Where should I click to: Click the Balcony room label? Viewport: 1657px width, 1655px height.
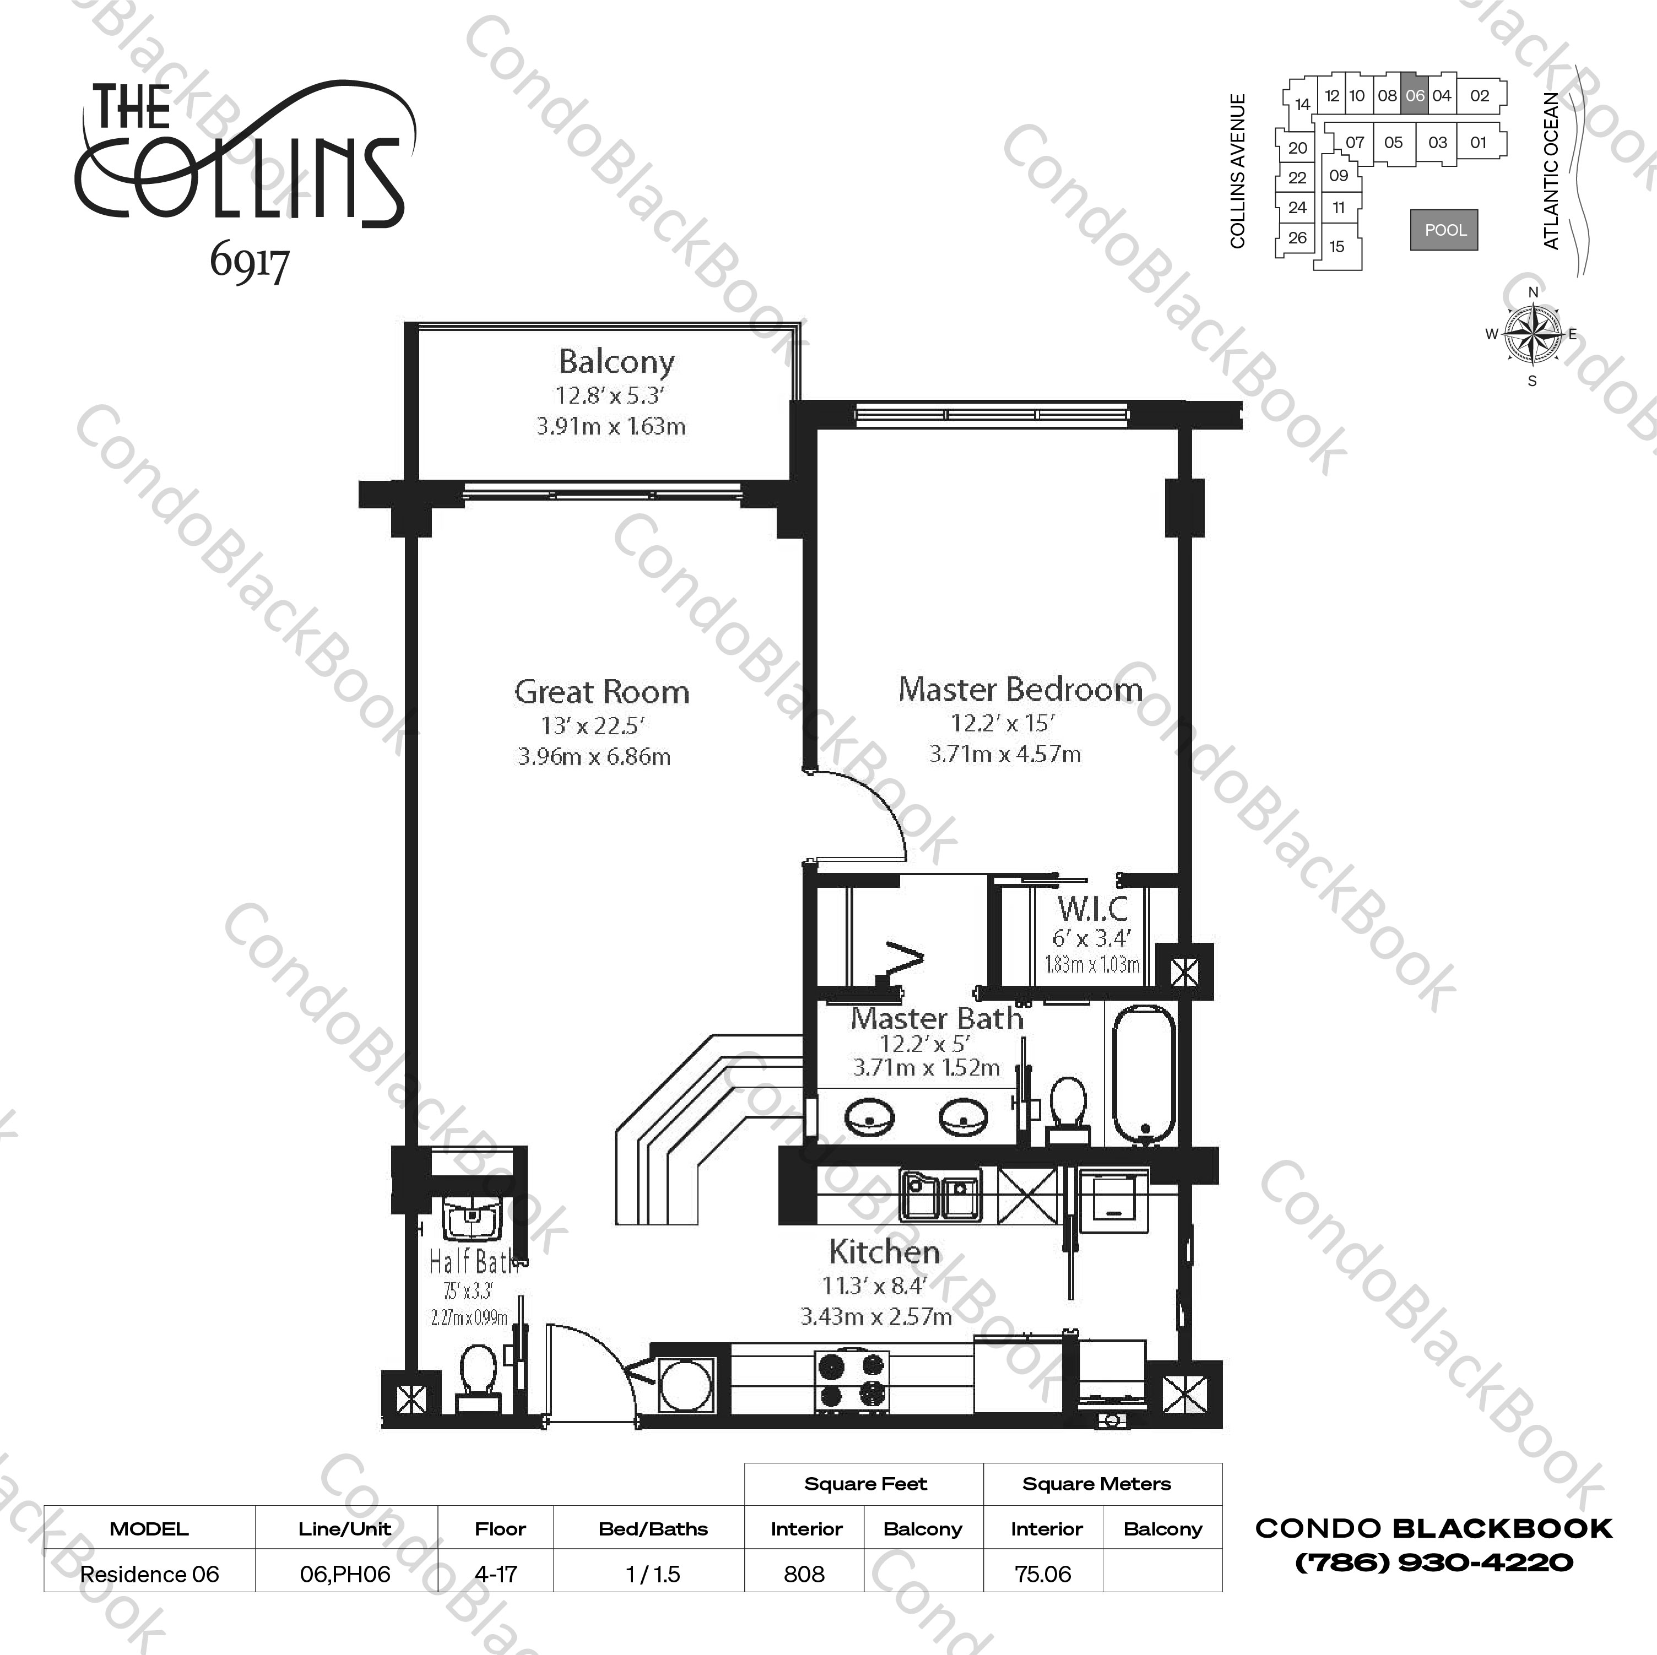[x=616, y=362]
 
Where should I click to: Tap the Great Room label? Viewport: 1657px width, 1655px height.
[x=601, y=692]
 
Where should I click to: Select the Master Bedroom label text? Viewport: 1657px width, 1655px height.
[x=1020, y=690]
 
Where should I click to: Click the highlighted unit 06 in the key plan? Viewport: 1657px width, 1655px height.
[x=1414, y=96]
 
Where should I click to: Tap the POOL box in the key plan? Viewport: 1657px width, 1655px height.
[x=1444, y=230]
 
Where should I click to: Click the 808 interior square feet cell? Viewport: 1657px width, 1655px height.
[x=804, y=1575]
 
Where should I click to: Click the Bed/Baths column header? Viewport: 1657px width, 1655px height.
[x=653, y=1529]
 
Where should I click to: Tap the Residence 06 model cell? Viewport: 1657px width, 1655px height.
[x=149, y=1575]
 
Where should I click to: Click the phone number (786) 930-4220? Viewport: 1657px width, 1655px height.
[x=1433, y=1563]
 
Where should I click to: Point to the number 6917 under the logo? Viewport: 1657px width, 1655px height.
[x=249, y=263]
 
